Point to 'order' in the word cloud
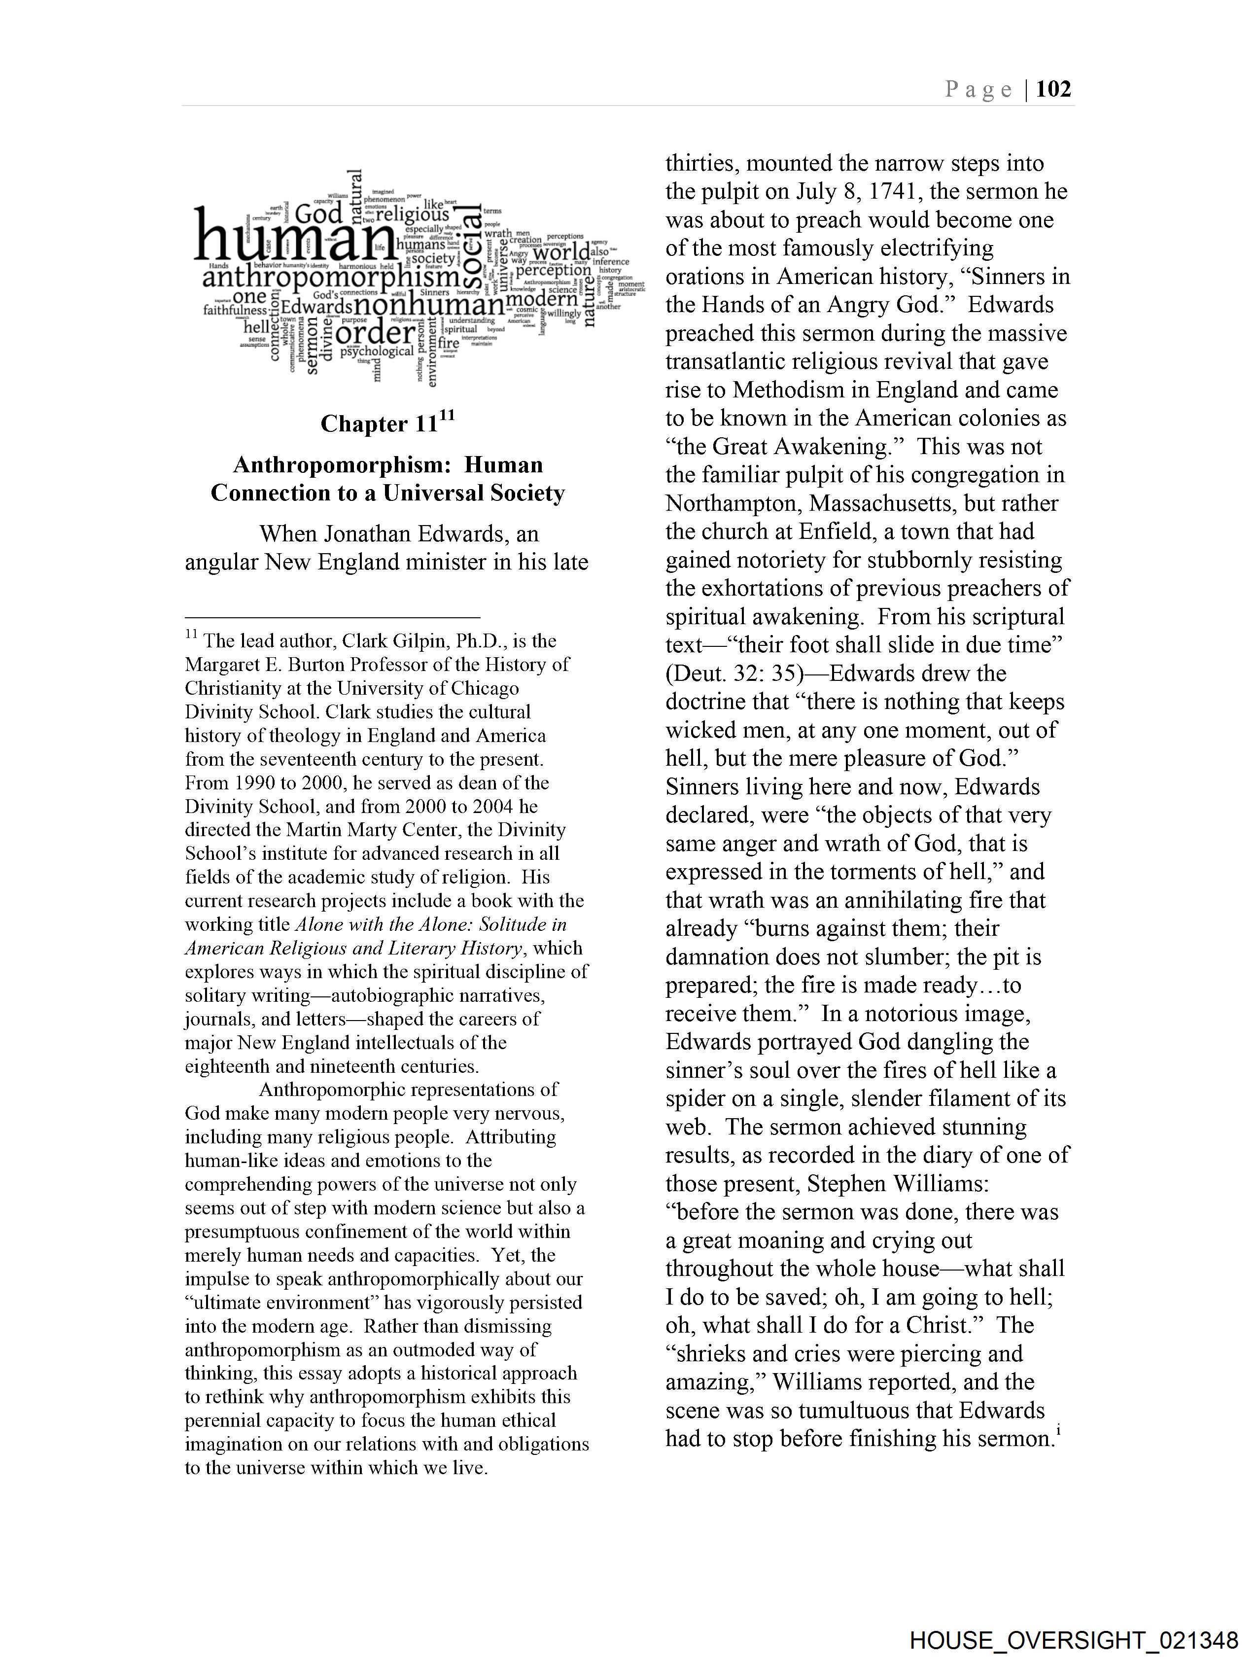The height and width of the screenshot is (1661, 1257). [376, 333]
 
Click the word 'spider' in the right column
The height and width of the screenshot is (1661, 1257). [700, 1098]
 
